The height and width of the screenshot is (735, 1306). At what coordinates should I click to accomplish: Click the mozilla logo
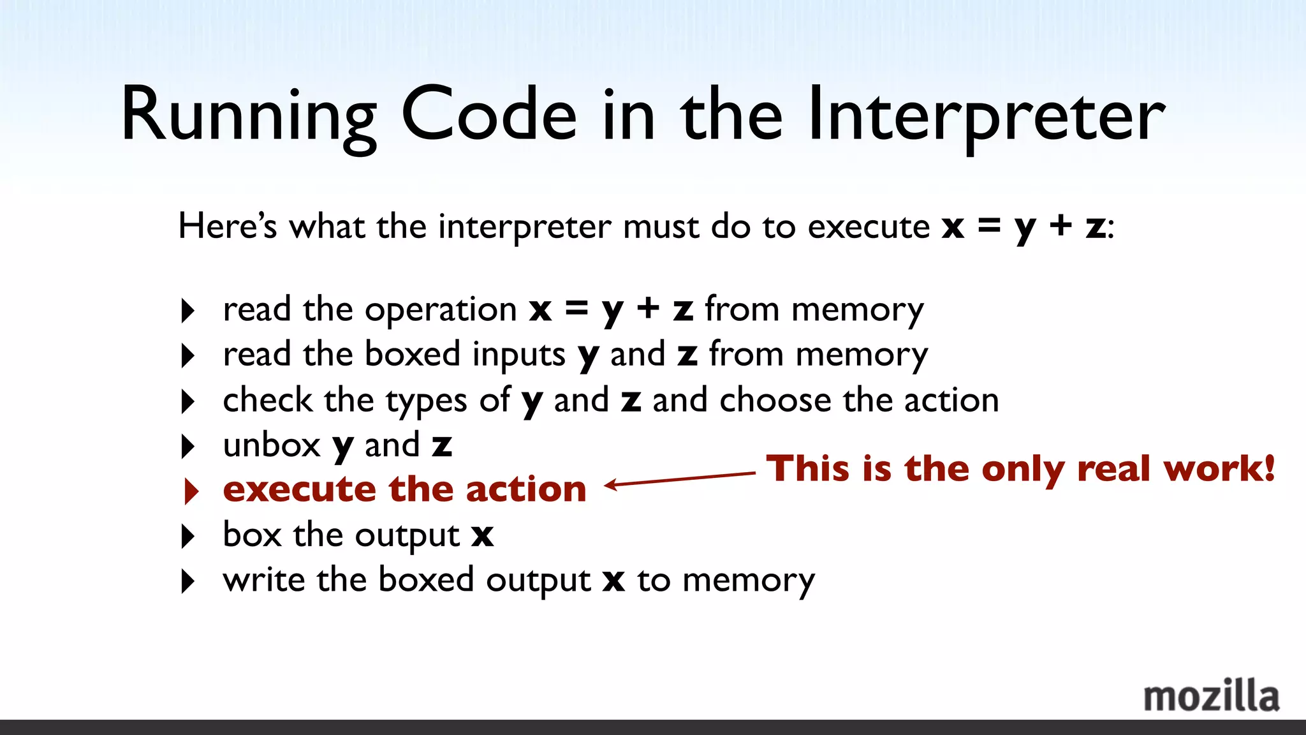tap(1211, 696)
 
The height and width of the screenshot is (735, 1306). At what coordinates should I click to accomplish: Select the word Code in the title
tap(489, 115)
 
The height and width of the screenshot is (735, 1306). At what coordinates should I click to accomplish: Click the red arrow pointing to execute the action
tap(680, 479)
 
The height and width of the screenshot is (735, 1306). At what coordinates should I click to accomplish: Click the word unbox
tap(271, 445)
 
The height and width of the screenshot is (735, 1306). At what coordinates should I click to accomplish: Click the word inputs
tap(518, 355)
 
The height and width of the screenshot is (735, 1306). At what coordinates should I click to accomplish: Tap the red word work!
tap(1219, 469)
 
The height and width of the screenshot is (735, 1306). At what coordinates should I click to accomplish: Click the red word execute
tap(299, 490)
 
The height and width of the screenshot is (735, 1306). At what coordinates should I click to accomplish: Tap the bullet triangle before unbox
tap(187, 447)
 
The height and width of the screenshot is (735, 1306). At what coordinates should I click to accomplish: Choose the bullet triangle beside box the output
tap(187, 537)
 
